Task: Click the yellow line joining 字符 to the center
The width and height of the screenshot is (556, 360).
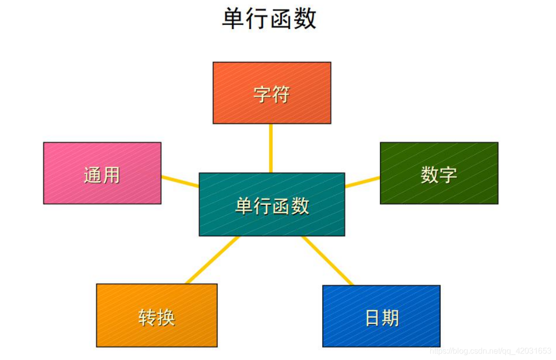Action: (x=271, y=148)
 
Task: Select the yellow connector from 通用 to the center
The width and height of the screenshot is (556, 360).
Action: (x=180, y=181)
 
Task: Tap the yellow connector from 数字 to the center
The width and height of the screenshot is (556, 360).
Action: (x=362, y=181)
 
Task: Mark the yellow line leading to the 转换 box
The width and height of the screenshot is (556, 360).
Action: (x=212, y=260)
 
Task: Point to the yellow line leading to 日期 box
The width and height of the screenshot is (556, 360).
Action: (x=328, y=260)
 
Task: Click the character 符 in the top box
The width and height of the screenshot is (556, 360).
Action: (x=281, y=94)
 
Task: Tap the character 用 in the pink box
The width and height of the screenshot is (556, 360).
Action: (x=111, y=175)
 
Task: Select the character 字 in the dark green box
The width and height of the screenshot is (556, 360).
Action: (x=448, y=175)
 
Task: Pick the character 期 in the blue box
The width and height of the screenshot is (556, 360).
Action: (x=391, y=318)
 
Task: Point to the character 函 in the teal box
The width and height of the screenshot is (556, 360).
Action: (x=281, y=206)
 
